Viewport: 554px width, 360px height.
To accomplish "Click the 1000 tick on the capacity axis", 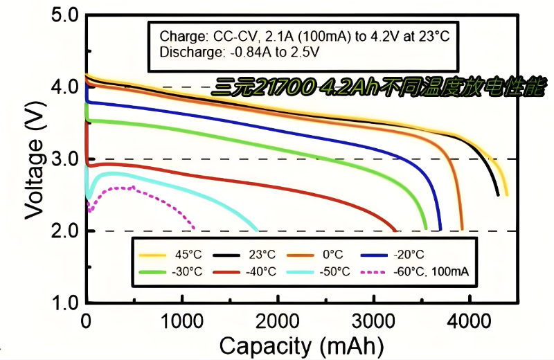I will (182, 321).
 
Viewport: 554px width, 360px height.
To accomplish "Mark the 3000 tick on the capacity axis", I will (374, 321).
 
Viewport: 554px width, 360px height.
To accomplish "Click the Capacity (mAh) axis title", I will (300, 344).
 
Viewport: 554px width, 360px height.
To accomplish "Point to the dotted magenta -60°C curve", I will (138, 190).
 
